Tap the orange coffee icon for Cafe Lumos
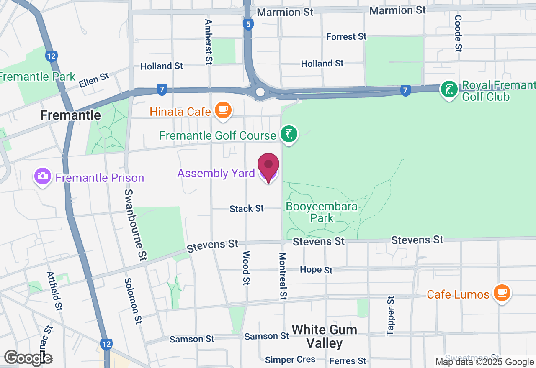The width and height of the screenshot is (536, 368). [501, 293]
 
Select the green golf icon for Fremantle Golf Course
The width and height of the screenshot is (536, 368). [289, 134]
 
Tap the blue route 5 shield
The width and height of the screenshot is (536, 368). [249, 24]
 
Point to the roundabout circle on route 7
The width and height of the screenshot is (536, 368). [260, 92]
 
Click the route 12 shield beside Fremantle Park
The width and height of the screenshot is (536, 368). [52, 56]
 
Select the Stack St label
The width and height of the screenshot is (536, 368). [247, 208]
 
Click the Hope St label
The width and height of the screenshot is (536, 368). [316, 270]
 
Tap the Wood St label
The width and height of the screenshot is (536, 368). [246, 268]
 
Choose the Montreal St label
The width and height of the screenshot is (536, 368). [283, 276]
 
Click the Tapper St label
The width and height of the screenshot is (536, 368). [391, 316]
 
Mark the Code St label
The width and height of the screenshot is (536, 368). [458, 34]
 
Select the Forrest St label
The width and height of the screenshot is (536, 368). [346, 37]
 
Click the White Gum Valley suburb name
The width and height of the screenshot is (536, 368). [325, 336]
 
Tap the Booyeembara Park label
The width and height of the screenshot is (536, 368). [322, 212]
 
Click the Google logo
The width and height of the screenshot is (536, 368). [28, 358]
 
